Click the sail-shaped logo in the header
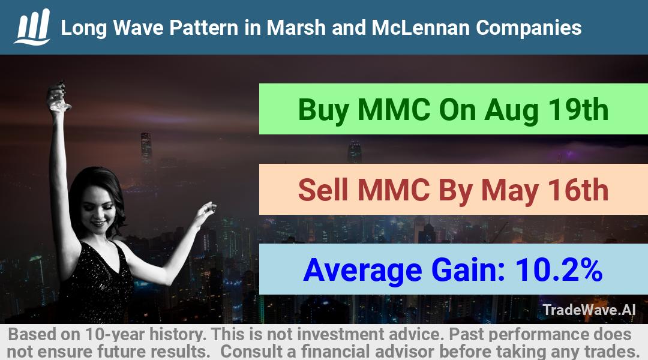32,27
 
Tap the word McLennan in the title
420,28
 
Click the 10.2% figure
559,269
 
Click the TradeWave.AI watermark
589,310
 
